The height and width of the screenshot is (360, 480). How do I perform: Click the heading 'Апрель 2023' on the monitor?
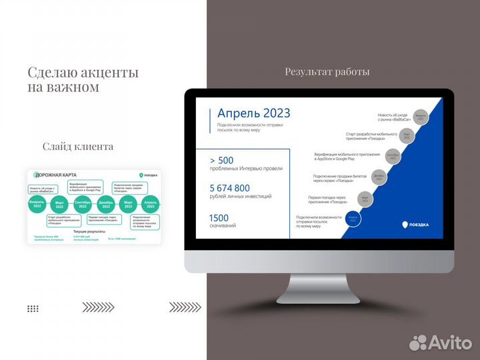click(249, 113)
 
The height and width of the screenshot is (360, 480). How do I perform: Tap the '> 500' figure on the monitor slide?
click(222, 161)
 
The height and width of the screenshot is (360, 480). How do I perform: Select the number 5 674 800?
click(229, 188)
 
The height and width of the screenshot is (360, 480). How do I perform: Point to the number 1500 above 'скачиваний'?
click(219, 217)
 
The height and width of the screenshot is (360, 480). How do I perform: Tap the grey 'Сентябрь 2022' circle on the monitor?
click(393, 157)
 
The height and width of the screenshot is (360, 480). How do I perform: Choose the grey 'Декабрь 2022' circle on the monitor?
click(379, 178)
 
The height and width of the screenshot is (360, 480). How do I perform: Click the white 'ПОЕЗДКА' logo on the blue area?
click(415, 225)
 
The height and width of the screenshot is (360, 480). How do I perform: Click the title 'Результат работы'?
click(327, 72)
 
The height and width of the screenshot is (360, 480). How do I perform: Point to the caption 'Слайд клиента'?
click(78, 146)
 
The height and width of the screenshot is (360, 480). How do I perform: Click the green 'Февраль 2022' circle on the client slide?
click(37, 205)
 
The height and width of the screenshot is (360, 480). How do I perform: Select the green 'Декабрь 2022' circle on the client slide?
click(105, 205)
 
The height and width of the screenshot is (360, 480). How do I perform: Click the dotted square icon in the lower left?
click(33, 309)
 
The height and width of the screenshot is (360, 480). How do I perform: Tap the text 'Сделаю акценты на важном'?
click(83, 80)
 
